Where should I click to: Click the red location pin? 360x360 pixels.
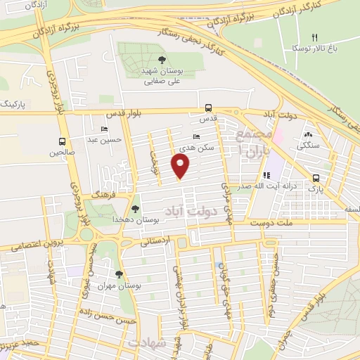pos(181,167)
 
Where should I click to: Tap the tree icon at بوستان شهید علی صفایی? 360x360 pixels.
pos(162,60)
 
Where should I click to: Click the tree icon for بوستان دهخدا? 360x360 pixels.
pos(136,209)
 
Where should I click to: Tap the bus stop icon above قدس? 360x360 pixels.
pos(208,108)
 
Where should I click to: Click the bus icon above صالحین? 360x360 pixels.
pos(63,140)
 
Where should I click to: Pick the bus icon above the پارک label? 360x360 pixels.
pos(316,178)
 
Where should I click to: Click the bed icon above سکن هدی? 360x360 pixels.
pos(196,137)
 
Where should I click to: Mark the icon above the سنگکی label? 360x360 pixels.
pos(308,135)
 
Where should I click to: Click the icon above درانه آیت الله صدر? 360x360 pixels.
pos(266,175)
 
